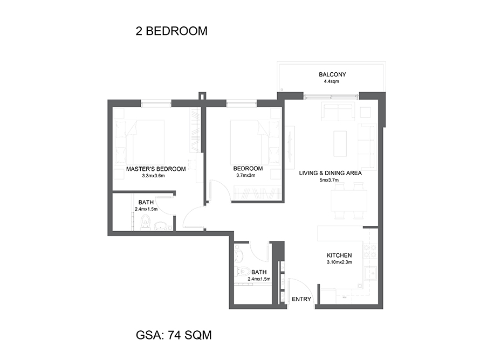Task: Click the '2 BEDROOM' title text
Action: [x=171, y=31]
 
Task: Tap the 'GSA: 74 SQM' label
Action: [x=174, y=335]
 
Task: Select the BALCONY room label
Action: [x=332, y=74]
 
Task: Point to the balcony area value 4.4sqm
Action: [x=332, y=82]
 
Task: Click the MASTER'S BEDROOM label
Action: [x=156, y=169]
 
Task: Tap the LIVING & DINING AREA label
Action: [x=330, y=174]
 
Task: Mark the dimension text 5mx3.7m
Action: [x=329, y=181]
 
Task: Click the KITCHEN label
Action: [x=339, y=255]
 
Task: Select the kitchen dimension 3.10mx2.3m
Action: [x=339, y=262]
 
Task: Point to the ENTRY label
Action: [x=301, y=299]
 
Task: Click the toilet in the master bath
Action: [x=145, y=222]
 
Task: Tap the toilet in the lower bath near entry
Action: [x=243, y=272]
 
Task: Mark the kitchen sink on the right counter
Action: [x=372, y=274]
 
